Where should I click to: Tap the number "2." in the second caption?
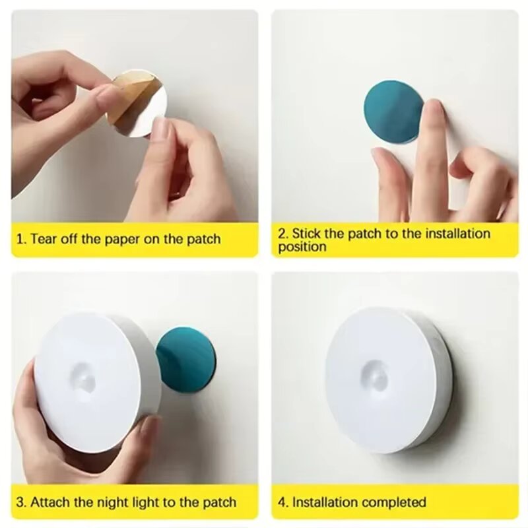(282, 234)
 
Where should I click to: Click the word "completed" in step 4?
(394, 502)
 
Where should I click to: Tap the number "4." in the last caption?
(282, 502)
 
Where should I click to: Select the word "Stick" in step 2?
(306, 234)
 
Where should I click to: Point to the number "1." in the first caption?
(20, 239)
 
